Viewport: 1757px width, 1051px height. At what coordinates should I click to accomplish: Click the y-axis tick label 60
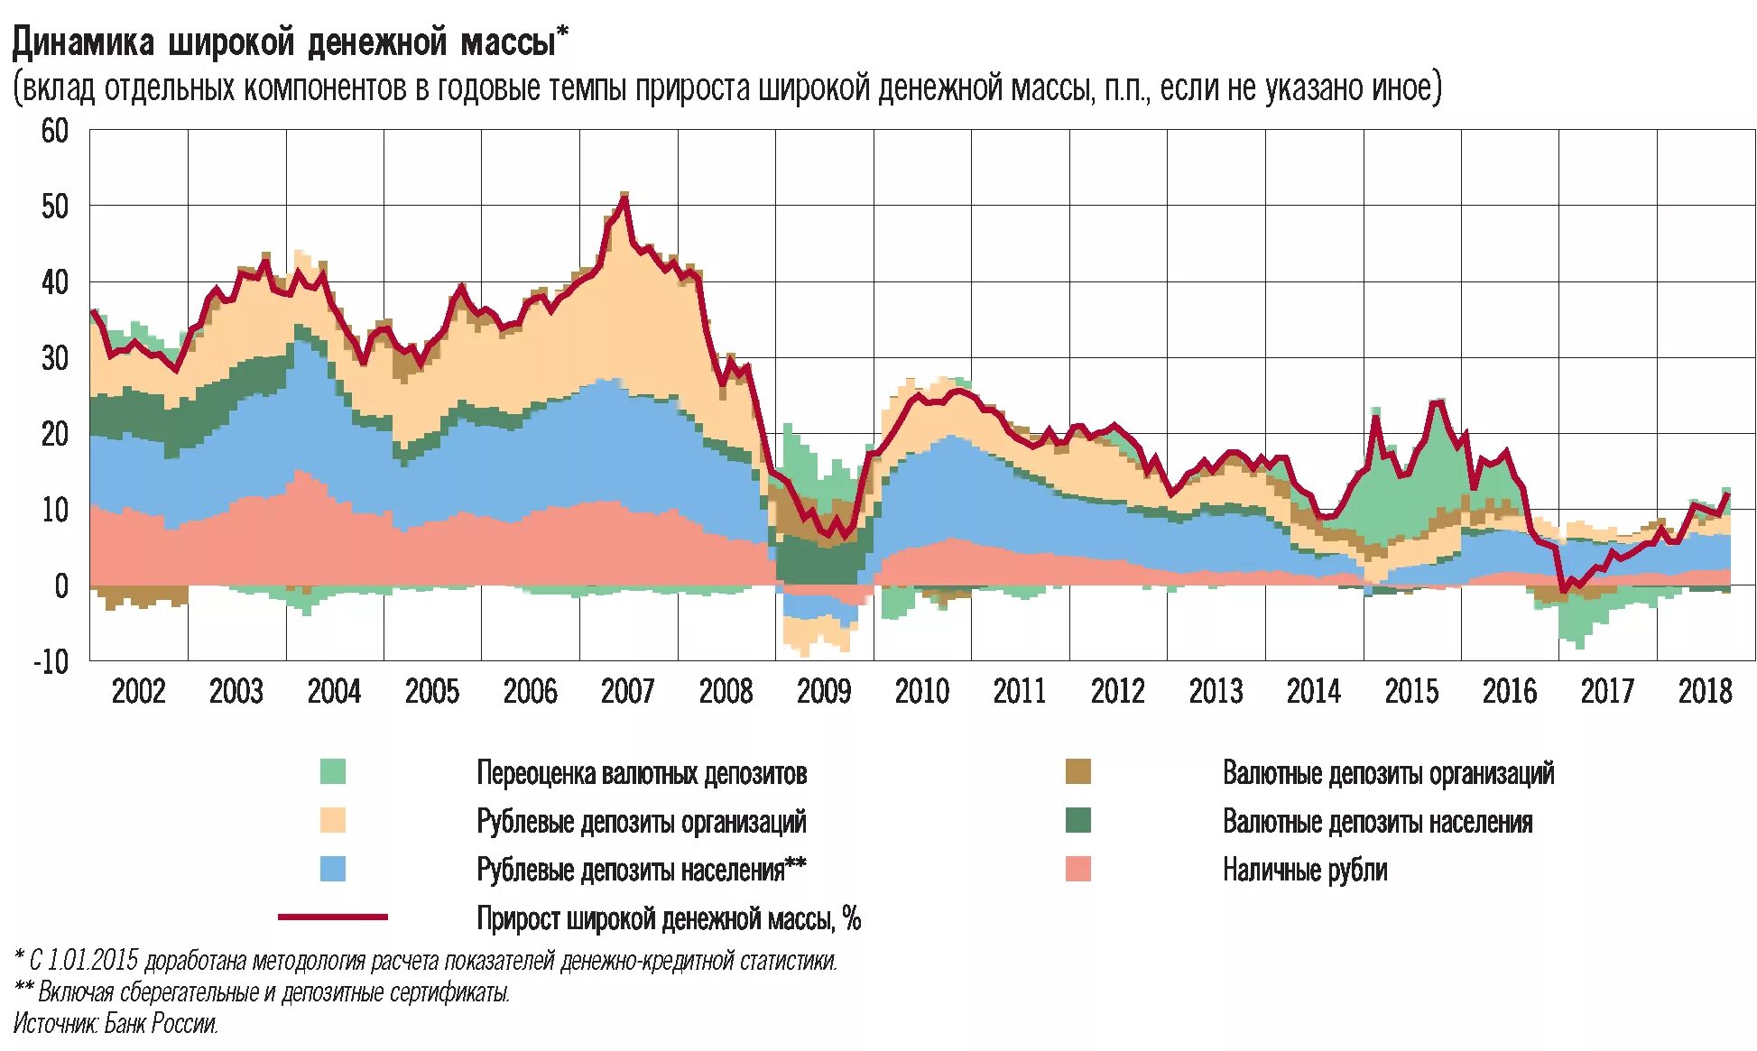tap(54, 132)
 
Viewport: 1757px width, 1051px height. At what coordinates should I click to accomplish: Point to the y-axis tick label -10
tap(51, 662)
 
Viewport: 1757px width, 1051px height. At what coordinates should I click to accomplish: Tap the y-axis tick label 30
tap(54, 359)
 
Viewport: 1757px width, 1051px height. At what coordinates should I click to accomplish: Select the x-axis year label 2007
tap(627, 692)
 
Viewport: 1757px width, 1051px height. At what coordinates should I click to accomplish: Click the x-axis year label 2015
tap(1411, 692)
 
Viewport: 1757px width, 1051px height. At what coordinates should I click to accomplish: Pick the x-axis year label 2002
tap(138, 692)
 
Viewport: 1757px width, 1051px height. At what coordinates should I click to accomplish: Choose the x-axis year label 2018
tap(1705, 692)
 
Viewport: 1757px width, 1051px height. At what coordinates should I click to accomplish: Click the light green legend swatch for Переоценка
tap(333, 772)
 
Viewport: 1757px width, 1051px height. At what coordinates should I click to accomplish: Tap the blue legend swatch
tap(333, 869)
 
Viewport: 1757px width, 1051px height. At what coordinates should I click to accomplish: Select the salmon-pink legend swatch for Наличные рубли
tap(1077, 869)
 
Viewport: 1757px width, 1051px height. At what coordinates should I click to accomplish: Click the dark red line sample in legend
tap(333, 917)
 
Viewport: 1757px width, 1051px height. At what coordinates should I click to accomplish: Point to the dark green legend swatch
tap(1077, 820)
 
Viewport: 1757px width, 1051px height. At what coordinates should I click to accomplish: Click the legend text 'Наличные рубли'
tap(1304, 870)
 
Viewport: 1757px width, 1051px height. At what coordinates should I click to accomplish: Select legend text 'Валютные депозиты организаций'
tap(1388, 773)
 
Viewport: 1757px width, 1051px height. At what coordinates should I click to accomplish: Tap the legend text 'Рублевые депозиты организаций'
tap(641, 822)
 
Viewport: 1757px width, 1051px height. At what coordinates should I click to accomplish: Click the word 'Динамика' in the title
tap(83, 42)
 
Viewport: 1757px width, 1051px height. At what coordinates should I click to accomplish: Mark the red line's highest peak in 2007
tap(624, 198)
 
